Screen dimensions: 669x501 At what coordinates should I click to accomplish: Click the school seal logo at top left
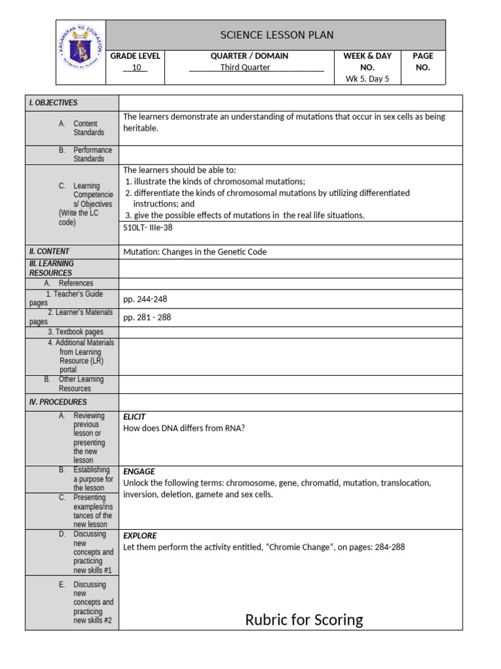[x=80, y=52]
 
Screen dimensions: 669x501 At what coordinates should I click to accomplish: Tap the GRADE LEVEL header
[x=136, y=56]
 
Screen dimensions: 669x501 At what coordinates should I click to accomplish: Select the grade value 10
[x=136, y=67]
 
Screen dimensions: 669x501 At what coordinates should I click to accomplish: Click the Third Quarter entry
[x=245, y=67]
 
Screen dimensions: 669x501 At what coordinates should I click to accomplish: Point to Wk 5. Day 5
[x=367, y=79]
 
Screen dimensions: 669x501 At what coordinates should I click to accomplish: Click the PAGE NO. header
[x=423, y=61]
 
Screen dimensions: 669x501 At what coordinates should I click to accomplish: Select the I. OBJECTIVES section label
[x=53, y=103]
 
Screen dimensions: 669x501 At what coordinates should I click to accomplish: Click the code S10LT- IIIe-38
[x=147, y=227]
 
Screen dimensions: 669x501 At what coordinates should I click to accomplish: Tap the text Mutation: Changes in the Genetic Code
[x=195, y=252]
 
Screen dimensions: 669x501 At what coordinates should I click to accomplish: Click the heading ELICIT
[x=134, y=417]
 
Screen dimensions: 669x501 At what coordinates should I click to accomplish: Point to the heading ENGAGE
[x=139, y=472]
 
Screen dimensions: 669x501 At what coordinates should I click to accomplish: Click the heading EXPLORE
[x=140, y=536]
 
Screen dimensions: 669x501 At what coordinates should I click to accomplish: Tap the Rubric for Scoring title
[x=304, y=620]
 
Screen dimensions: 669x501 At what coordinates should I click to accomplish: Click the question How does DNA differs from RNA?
[x=184, y=429]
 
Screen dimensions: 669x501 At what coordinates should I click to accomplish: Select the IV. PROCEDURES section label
[x=58, y=402]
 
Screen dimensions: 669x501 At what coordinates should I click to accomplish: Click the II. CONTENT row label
[x=50, y=252]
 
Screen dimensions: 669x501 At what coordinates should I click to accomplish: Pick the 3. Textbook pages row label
[x=75, y=332]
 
